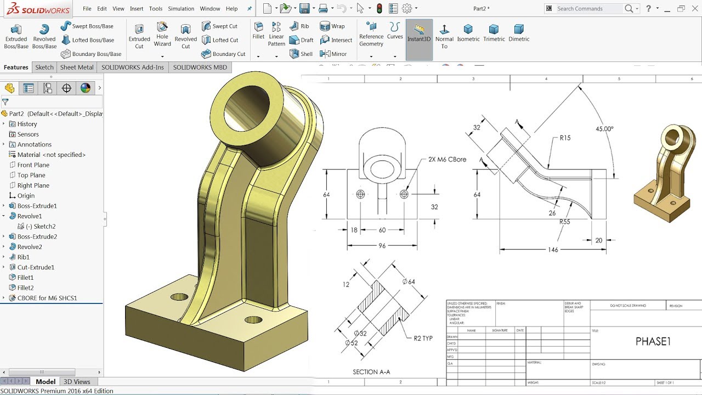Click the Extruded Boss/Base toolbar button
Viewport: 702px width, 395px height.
tap(16, 36)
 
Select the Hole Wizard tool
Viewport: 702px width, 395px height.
tap(162, 35)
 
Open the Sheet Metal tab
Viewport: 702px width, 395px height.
tap(77, 67)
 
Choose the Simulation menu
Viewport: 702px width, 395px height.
tap(181, 9)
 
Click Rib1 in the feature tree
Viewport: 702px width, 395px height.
tap(23, 257)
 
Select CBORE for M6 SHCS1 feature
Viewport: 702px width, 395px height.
tap(47, 298)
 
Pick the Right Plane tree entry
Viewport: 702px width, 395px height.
tap(33, 185)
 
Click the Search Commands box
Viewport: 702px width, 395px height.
tap(589, 9)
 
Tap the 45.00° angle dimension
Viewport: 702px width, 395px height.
tap(604, 129)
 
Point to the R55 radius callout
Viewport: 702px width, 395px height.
tap(565, 222)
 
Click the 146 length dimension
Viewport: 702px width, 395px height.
tap(553, 250)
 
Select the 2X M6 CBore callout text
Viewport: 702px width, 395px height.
tap(444, 160)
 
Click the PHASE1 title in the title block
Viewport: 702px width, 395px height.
tap(653, 342)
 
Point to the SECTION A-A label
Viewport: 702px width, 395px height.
tap(371, 372)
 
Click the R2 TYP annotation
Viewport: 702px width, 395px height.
tap(423, 338)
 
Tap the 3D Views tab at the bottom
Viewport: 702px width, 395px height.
tap(77, 381)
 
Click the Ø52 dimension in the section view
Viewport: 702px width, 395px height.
tap(352, 343)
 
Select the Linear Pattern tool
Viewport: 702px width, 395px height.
tap(276, 35)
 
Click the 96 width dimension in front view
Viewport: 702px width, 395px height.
tap(382, 246)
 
